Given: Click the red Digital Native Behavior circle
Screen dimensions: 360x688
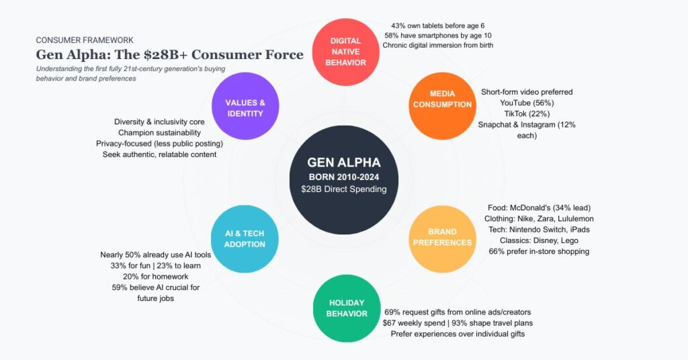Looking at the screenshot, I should [x=348, y=52].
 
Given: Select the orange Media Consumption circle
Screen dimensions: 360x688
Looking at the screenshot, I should [x=442, y=99].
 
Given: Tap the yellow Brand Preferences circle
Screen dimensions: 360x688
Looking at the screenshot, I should [x=442, y=237].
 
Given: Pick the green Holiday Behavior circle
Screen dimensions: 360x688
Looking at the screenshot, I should [x=347, y=308].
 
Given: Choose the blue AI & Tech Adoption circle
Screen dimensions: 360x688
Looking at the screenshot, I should [x=245, y=238].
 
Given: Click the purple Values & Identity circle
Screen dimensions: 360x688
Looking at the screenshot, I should [x=244, y=107].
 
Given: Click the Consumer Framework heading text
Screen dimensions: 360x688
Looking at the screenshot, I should [x=84, y=40].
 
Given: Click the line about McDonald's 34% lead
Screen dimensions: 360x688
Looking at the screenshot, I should [x=538, y=208].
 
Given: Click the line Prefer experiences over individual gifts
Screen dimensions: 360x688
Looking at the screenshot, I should [x=458, y=334].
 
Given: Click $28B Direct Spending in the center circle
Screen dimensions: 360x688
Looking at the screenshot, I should [x=344, y=189].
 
